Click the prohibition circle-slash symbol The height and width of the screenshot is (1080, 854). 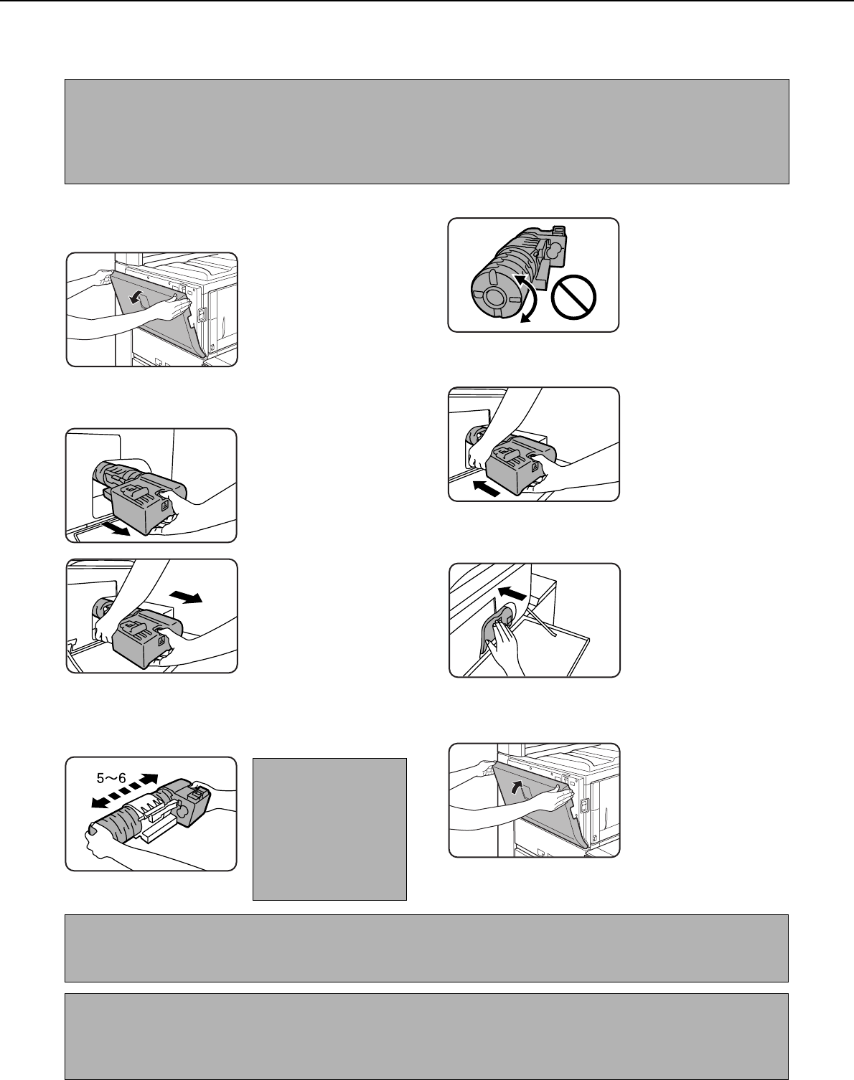click(x=573, y=297)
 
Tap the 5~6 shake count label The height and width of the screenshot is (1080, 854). click(x=111, y=778)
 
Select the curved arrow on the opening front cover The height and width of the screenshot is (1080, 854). click(x=136, y=298)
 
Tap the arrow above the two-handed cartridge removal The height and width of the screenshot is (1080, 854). click(x=186, y=597)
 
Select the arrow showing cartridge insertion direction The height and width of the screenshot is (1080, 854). click(x=487, y=488)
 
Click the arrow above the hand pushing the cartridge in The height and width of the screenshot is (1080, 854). click(x=512, y=594)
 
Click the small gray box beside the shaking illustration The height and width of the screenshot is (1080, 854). click(x=329, y=829)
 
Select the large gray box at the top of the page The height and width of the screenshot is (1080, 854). click(x=427, y=131)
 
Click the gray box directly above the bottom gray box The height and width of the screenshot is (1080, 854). click(x=426, y=948)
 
